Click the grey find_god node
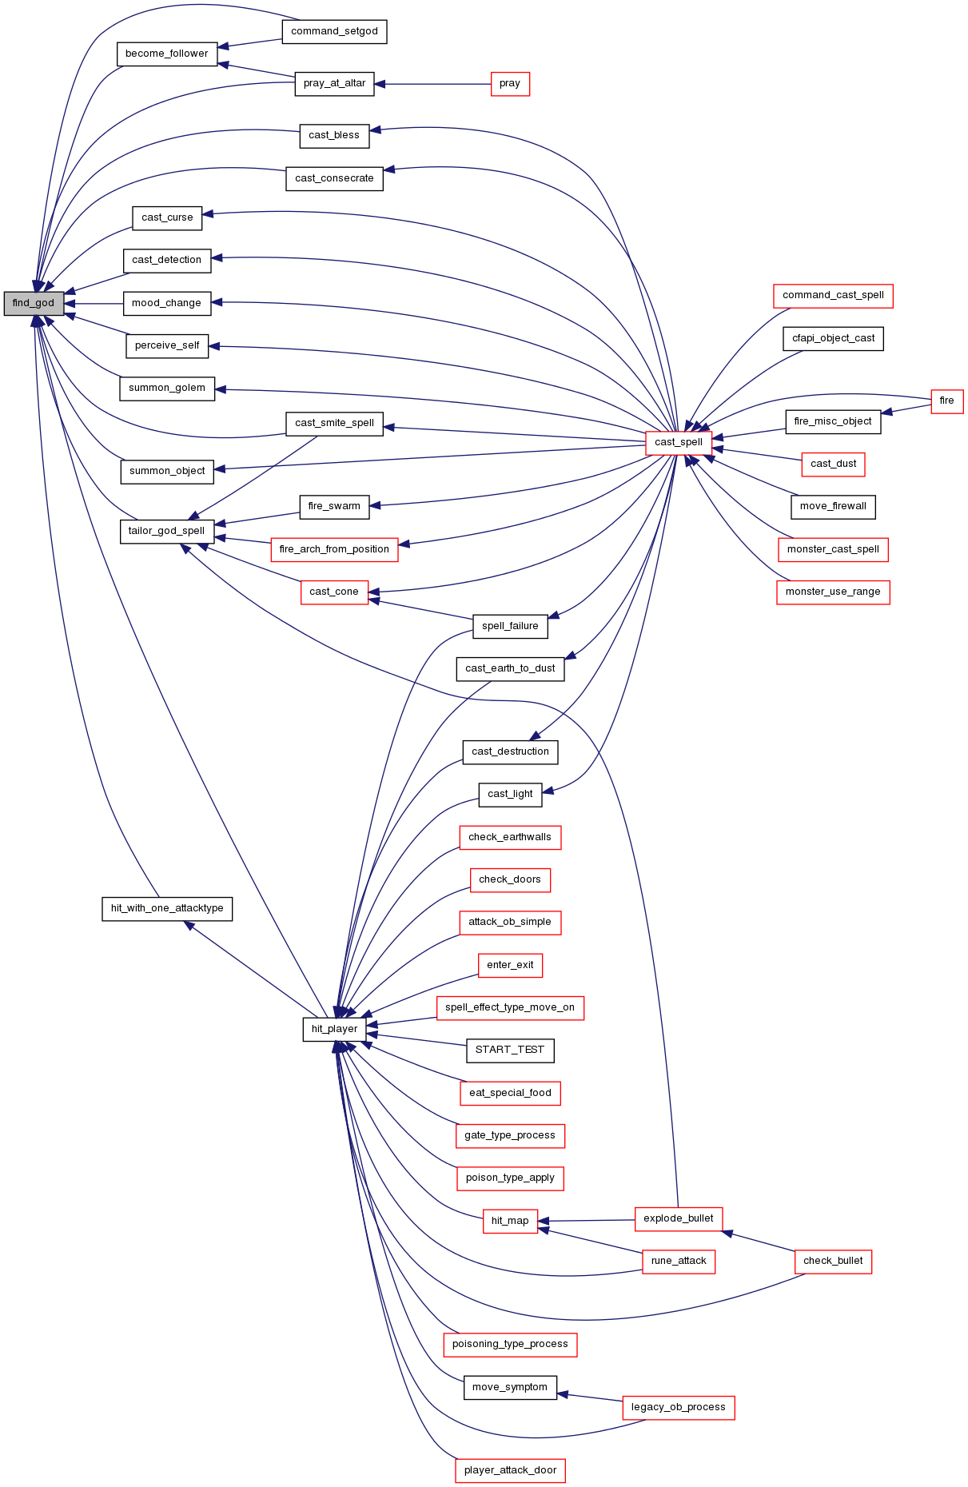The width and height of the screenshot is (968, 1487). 34,303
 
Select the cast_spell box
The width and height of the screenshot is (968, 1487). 679,442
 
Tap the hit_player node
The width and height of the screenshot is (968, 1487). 334,1029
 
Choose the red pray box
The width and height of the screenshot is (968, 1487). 510,83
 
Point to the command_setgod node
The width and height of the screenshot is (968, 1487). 334,31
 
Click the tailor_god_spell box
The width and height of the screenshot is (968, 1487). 166,531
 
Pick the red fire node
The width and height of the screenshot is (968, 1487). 947,401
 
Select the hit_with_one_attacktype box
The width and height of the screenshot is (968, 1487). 167,908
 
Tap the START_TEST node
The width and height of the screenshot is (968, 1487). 510,1050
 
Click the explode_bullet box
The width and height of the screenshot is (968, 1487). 679,1218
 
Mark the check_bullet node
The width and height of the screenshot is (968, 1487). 833,1261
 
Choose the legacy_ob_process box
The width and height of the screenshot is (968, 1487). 679,1407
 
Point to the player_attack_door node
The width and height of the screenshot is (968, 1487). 510,1470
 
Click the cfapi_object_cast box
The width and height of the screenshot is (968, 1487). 833,338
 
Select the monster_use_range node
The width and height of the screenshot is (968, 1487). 833,592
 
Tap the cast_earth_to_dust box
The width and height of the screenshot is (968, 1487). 510,668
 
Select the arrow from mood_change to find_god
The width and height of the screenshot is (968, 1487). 94,304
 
